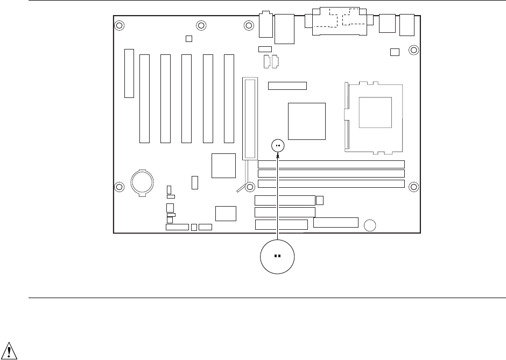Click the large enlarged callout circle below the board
[277, 256]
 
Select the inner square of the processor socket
[375, 112]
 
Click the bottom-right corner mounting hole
[413, 187]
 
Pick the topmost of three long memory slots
[331, 164]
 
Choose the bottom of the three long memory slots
[331, 183]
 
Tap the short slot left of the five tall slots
[129, 73]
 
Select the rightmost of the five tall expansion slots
[229, 98]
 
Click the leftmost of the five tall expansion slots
[144, 98]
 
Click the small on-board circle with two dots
[278, 145]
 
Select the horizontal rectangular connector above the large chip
[287, 86]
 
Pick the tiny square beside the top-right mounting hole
[395, 52]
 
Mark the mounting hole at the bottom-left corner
[120, 187]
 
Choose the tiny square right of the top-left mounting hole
[188, 39]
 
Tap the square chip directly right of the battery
[223, 165]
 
